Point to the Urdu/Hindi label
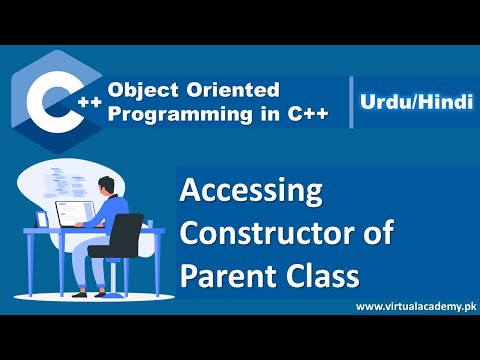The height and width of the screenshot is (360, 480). coord(411,103)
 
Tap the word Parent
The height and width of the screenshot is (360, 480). coord(227,274)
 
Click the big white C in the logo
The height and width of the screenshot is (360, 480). coord(47,99)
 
